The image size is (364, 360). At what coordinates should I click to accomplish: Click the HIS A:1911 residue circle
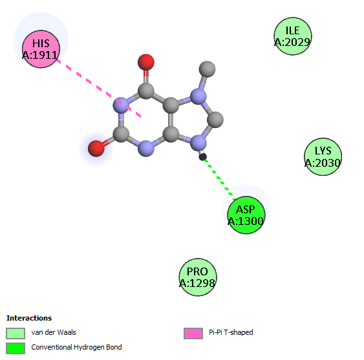tap(41, 49)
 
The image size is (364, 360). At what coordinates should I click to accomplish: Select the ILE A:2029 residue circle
tap(293, 36)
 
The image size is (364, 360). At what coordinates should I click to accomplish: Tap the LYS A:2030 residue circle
tap(323, 156)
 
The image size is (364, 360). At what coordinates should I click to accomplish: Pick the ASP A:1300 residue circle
tap(246, 215)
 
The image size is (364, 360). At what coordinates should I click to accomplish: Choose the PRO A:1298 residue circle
tap(198, 277)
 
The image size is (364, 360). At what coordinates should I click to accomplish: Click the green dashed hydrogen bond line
tap(219, 178)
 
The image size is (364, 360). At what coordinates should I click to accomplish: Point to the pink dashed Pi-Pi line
tap(99, 88)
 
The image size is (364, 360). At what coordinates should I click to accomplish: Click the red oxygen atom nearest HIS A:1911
tap(145, 62)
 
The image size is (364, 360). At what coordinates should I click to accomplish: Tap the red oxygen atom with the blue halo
tap(96, 148)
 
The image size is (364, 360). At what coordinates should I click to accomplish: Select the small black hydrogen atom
tap(202, 157)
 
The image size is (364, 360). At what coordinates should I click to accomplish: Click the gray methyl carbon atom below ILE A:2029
tap(207, 69)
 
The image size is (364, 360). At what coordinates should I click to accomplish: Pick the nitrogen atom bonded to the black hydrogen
tap(198, 142)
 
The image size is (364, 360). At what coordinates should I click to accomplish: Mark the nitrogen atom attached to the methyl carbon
tap(198, 96)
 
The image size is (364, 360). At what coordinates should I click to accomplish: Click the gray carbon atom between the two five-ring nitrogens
tap(215, 120)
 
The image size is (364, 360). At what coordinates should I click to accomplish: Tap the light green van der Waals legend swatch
tap(16, 334)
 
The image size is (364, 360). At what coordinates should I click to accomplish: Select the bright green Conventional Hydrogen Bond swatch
tap(16, 348)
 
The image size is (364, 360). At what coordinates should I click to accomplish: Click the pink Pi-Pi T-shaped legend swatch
tap(193, 334)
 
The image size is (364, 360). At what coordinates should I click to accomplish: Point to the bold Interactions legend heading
tap(29, 318)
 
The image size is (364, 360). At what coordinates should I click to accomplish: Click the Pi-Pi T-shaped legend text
tap(231, 332)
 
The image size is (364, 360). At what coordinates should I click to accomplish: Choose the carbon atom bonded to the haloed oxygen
tap(121, 134)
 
